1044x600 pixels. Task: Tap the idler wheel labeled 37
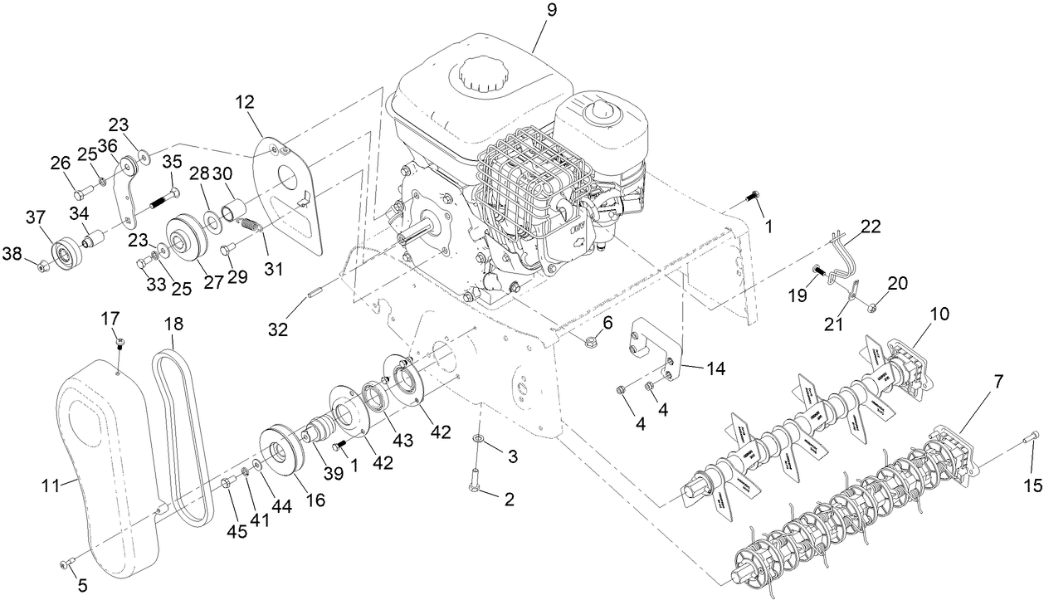tap(65, 250)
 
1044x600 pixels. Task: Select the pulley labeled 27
tap(183, 239)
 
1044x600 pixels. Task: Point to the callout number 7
tap(998, 383)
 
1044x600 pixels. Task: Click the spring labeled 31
tap(250, 224)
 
